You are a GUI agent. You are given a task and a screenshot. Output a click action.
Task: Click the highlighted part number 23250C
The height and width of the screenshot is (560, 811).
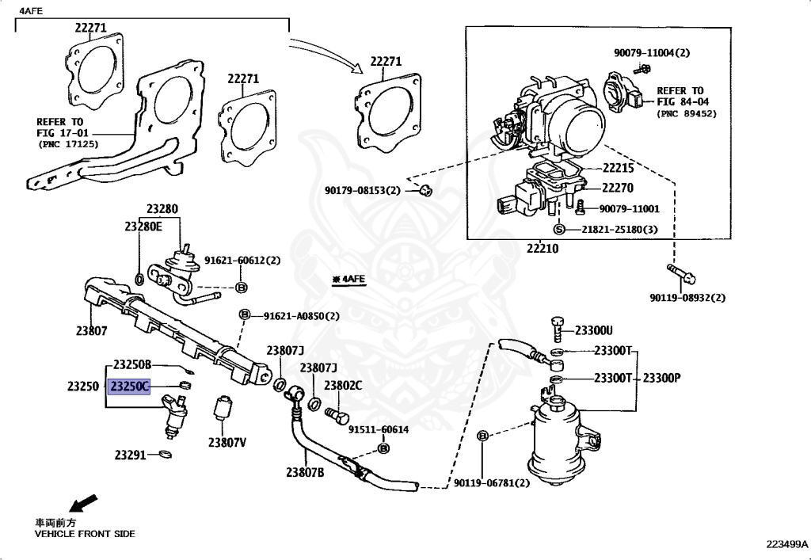(x=129, y=387)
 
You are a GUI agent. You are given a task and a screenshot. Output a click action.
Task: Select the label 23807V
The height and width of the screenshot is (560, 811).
(x=227, y=443)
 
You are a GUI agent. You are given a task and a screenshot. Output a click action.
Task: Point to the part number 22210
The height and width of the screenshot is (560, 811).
(x=543, y=249)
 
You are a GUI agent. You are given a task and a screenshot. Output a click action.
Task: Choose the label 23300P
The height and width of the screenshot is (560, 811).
(x=661, y=378)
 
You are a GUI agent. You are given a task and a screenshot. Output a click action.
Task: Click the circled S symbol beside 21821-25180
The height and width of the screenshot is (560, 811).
(x=558, y=229)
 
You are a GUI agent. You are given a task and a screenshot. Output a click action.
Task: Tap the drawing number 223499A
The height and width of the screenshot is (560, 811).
(x=786, y=544)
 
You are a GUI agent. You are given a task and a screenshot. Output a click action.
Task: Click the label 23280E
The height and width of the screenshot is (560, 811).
(x=143, y=226)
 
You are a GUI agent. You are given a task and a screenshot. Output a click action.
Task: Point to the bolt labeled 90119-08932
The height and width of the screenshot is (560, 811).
(x=681, y=273)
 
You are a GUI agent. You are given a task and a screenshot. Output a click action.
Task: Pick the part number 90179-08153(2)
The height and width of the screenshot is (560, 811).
(x=363, y=190)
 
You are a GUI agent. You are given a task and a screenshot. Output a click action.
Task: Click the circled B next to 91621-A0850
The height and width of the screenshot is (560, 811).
(x=245, y=314)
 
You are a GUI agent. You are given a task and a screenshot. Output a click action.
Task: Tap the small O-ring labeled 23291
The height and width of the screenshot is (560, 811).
(x=165, y=455)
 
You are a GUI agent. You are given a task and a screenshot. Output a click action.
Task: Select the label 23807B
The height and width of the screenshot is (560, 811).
(x=305, y=471)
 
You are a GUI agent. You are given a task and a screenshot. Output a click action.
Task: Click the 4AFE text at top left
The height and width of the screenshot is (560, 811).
(x=32, y=10)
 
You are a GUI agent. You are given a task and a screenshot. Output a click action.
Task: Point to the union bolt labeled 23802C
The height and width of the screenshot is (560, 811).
(x=336, y=415)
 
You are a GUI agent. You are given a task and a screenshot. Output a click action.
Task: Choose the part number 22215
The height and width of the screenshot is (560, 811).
(x=618, y=168)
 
